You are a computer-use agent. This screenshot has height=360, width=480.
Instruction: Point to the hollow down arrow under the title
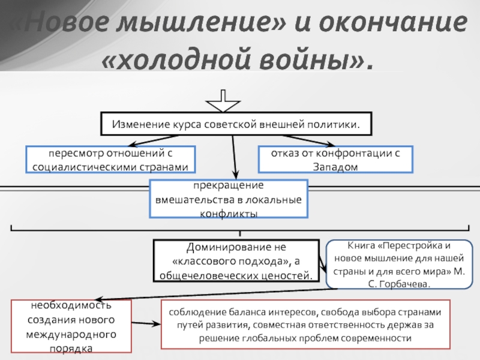point(223,101)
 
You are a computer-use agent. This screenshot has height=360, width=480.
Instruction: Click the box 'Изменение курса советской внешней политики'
point(236,125)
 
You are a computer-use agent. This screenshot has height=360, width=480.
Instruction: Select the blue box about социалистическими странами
point(110,159)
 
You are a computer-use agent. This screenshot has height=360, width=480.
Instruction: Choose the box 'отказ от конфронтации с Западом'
point(335,159)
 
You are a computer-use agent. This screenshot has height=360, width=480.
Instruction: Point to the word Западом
point(335,166)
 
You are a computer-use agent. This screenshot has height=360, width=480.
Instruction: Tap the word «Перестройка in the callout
point(407,245)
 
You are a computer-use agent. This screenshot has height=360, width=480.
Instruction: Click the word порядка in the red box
point(71,347)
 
